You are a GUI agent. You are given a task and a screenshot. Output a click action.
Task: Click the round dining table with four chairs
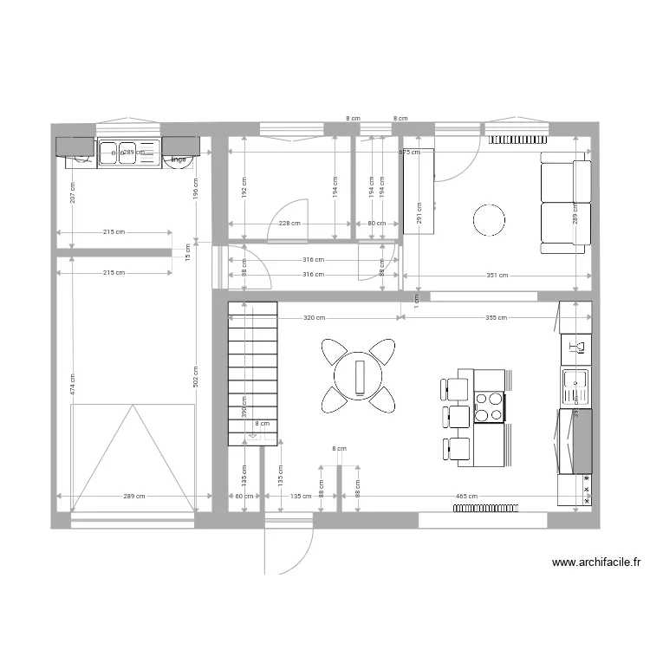click(359, 375)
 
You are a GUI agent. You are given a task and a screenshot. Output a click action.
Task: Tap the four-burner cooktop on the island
click(489, 406)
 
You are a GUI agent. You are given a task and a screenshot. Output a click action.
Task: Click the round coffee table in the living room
click(490, 219)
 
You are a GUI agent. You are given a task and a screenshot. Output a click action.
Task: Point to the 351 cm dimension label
click(497, 276)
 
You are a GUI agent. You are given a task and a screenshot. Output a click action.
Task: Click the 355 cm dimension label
click(497, 318)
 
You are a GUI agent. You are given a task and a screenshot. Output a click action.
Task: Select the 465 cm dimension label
click(467, 497)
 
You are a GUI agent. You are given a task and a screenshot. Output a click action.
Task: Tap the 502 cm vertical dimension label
click(196, 375)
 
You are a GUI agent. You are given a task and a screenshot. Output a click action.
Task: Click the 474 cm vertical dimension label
click(72, 384)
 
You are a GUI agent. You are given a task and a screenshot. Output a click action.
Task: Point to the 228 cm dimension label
click(289, 224)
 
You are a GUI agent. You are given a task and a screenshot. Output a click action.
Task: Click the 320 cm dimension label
click(315, 318)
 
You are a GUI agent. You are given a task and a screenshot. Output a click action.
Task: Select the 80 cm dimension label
click(377, 224)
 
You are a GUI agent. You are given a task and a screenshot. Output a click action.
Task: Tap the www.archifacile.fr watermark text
click(595, 562)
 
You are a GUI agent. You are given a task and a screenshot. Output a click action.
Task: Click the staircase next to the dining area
click(252, 373)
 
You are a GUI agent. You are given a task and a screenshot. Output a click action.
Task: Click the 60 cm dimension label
click(244, 497)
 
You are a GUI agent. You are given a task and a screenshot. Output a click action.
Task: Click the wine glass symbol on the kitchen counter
click(580, 347)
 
